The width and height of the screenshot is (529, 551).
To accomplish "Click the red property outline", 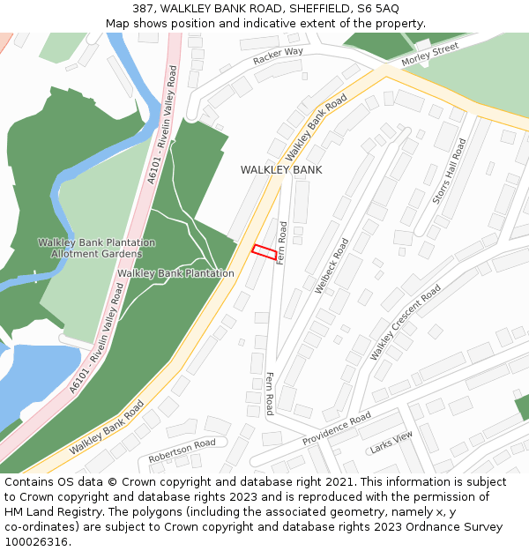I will (264, 251).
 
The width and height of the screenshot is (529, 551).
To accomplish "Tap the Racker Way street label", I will (278, 56).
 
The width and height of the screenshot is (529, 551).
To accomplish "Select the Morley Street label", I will (430, 56).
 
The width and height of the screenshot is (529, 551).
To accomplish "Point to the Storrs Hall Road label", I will (449, 171).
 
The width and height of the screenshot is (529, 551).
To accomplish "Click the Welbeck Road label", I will (332, 265).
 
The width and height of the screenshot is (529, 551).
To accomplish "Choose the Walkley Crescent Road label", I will (405, 322).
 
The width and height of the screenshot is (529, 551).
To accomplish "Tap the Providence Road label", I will (337, 428).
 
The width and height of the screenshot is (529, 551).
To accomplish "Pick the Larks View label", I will (391, 442).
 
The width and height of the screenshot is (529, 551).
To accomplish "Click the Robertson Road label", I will (182, 450).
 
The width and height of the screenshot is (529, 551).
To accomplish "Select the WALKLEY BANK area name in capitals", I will (281, 169).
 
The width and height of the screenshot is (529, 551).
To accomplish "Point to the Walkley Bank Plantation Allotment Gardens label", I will (96, 248).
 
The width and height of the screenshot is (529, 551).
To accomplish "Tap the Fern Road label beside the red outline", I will (282, 243).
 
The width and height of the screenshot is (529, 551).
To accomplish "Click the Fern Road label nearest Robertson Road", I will (269, 393).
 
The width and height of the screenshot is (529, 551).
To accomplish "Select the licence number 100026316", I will (35, 541).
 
